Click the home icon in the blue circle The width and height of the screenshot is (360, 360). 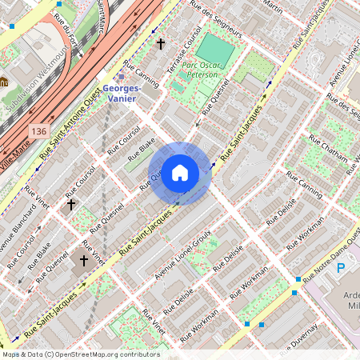180,173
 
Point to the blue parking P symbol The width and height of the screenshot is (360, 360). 341,267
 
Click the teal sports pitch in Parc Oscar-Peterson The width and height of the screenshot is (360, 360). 216,50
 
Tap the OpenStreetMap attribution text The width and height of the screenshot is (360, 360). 80,354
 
